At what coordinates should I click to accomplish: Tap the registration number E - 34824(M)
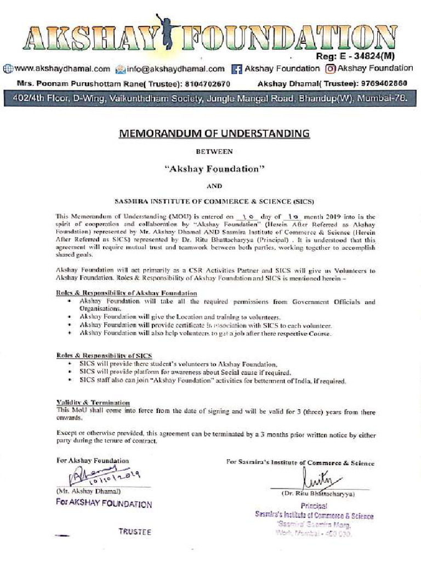pyautogui.click(x=363, y=56)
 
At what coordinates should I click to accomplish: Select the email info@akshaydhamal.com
pyautogui.click(x=176, y=68)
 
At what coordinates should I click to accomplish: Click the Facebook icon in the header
pyautogui.click(x=237, y=69)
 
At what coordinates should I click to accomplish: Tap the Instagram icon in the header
pyautogui.click(x=331, y=69)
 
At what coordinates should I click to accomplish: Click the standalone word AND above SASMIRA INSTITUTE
pyautogui.click(x=215, y=186)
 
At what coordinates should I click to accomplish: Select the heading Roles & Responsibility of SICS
pyautogui.click(x=104, y=356)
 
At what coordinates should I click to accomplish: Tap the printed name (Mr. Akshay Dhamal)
pyautogui.click(x=88, y=491)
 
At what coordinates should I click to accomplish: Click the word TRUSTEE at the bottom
pyautogui.click(x=135, y=532)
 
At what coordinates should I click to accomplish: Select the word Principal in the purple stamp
pyautogui.click(x=314, y=506)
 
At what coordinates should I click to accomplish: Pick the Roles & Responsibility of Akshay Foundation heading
pyautogui.click(x=127, y=294)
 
